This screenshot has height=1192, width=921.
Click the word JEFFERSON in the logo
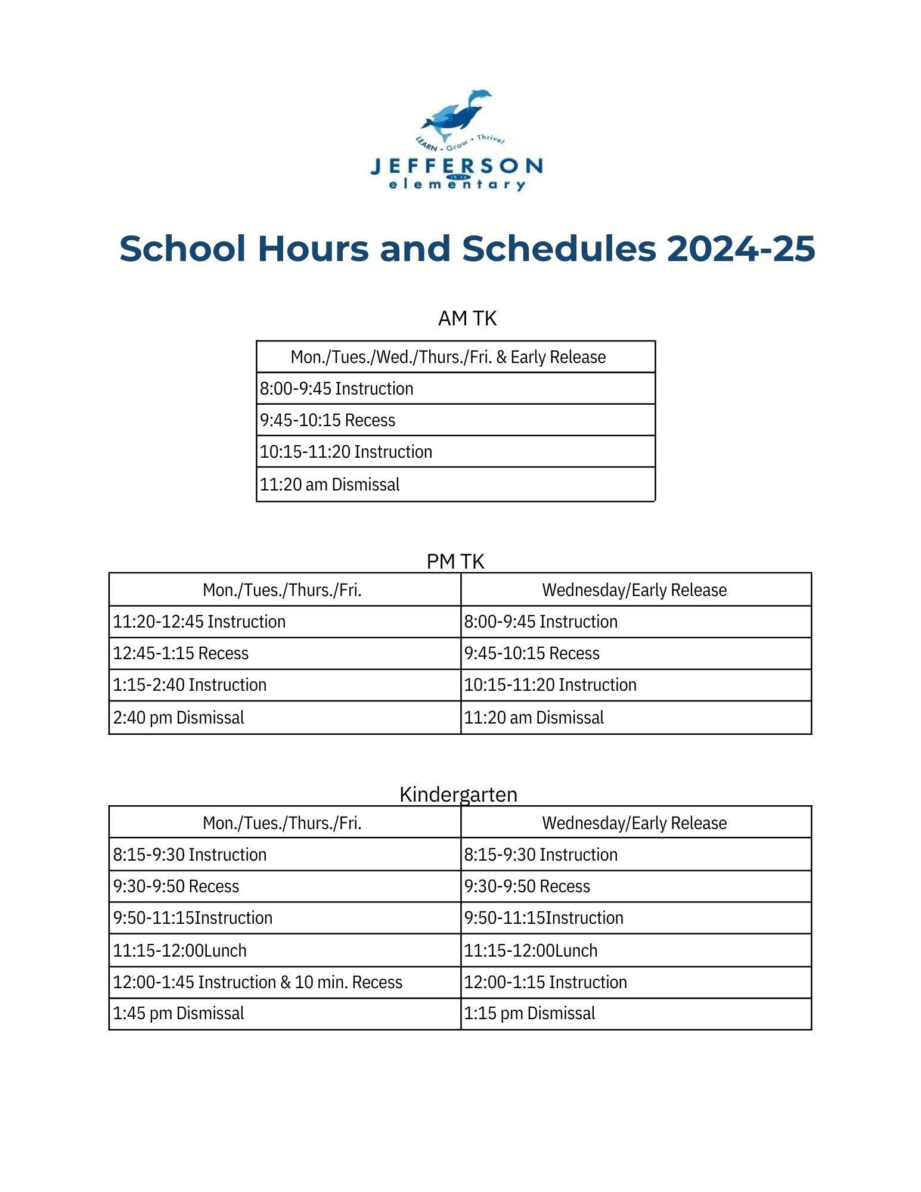(456, 165)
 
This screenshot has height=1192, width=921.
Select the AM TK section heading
(467, 319)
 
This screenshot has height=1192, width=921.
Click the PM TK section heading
(455, 561)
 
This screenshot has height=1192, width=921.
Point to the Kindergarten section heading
(458, 794)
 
